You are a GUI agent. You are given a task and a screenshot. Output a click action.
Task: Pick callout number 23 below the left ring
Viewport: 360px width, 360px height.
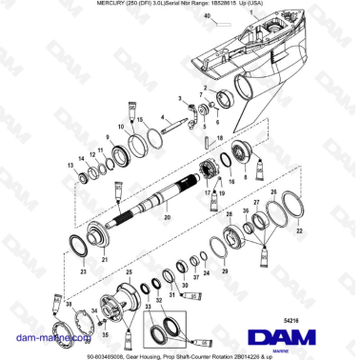pos(84,272)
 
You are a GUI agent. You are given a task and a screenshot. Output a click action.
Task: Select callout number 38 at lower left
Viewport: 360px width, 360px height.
pos(70,304)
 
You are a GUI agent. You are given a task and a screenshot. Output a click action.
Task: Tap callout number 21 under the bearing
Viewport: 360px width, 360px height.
pos(105,258)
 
